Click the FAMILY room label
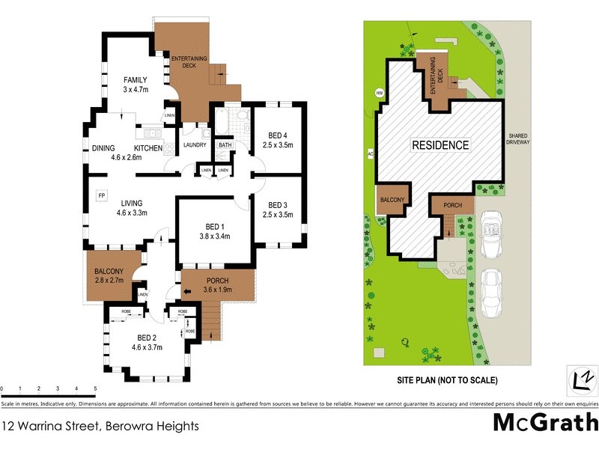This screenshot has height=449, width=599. point(136,79)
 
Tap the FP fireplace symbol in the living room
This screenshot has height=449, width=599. point(101,195)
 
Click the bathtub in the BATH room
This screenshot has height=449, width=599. point(224,120)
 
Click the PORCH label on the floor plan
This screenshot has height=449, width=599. point(218,281)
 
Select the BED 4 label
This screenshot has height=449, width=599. point(278,135)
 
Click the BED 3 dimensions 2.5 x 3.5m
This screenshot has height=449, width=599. point(278,215)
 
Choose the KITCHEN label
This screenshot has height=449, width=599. point(148,148)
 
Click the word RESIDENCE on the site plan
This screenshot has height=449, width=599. point(440,145)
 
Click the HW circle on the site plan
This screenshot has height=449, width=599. point(379,94)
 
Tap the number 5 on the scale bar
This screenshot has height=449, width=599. point(95,389)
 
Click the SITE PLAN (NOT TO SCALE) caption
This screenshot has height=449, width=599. point(447,380)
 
